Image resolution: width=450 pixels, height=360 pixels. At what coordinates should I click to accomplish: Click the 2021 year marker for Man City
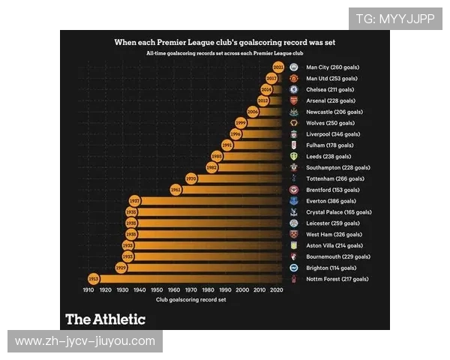(278, 67)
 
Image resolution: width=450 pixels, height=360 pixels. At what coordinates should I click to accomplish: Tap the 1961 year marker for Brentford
(176, 190)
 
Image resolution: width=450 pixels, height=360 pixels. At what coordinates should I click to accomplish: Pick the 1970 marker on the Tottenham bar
(191, 178)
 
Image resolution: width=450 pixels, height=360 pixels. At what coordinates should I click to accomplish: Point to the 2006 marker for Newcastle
(253, 112)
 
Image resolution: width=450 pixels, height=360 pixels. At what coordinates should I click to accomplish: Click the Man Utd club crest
(295, 78)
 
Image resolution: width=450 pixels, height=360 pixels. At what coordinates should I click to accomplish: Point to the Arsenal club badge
(295, 100)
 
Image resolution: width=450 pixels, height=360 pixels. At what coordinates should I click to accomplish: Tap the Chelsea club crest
(295, 89)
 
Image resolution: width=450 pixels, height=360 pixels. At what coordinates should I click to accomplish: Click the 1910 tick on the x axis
(88, 289)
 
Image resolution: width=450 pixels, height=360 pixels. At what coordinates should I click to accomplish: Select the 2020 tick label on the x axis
(276, 289)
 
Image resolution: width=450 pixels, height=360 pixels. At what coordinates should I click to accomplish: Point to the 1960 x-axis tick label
(174, 289)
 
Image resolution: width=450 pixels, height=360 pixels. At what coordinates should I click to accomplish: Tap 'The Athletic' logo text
(105, 319)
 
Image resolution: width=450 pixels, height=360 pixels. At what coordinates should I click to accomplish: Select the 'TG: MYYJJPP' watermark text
(395, 19)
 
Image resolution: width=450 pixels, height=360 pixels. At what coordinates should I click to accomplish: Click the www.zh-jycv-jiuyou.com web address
(85, 341)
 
